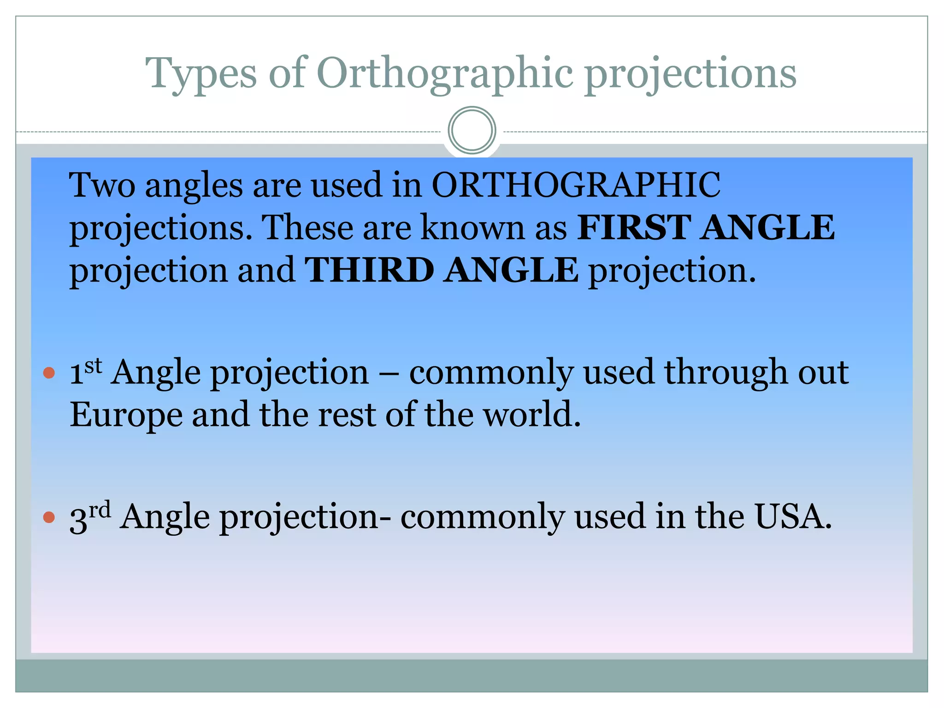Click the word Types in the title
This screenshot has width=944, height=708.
point(201,74)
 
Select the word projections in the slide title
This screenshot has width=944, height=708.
point(691,74)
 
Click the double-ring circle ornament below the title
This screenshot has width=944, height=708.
point(472,130)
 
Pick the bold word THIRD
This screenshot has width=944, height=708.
point(369,270)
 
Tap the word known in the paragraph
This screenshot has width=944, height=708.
point(473,228)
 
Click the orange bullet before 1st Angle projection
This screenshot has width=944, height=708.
point(49,372)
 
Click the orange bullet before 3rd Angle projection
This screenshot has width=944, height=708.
point(49,517)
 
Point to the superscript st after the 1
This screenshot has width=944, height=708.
point(93,366)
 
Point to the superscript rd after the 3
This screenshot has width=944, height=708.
point(100,510)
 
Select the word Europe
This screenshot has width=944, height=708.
point(126,415)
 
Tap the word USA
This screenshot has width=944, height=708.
point(792,517)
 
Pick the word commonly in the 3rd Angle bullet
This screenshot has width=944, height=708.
point(482,517)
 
